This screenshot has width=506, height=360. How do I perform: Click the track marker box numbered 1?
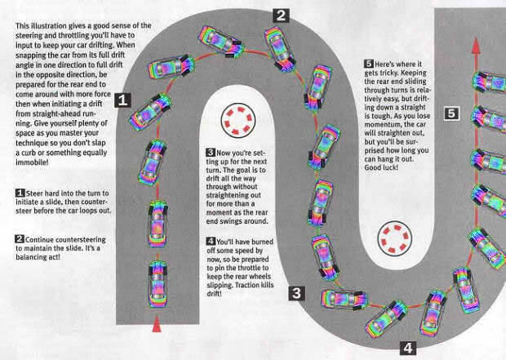point(122,100)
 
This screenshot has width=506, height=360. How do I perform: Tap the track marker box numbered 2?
point(281,16)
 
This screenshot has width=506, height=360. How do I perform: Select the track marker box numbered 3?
point(296,293)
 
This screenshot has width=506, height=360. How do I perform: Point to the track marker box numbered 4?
point(408,348)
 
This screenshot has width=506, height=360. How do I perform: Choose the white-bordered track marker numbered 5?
point(451,113)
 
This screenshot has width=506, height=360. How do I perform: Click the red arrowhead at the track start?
point(157,324)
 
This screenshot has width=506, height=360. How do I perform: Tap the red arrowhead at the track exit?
point(476,46)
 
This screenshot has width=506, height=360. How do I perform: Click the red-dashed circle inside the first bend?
point(238,121)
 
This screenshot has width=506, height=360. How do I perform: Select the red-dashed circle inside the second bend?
point(395,238)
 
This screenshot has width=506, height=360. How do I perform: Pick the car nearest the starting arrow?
point(158,283)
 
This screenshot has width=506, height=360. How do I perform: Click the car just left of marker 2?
point(221,42)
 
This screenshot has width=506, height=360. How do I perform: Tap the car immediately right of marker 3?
point(344,300)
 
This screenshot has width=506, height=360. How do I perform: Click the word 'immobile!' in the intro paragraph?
point(33,162)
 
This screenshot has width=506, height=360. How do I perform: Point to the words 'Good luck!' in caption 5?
point(381,167)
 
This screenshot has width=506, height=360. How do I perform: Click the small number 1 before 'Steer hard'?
point(20,193)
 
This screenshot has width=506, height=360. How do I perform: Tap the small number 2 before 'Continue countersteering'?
point(20,239)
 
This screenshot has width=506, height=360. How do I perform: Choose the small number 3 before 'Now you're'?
point(211,152)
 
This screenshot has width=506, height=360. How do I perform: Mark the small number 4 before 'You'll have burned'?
point(211,241)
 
